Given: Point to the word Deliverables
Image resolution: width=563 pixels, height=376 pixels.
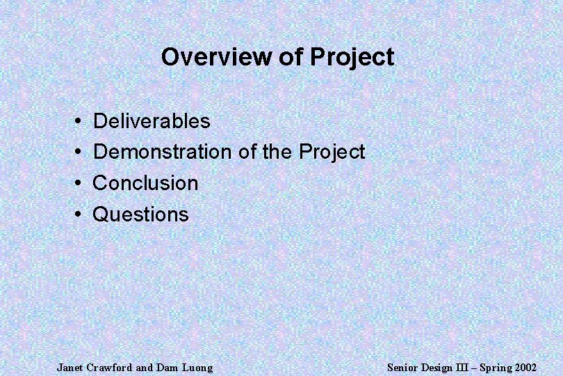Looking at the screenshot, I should pos(151,121).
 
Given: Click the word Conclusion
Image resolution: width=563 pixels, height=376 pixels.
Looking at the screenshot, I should pos(145,183).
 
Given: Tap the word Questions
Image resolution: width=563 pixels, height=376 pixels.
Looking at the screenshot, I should pos(140,214).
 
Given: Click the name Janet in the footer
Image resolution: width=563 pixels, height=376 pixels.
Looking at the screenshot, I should pos(69,367).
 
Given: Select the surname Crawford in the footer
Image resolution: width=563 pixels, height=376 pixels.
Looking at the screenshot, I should pos(111,367).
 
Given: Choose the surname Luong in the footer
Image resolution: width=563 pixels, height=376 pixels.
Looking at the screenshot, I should pos(197,367).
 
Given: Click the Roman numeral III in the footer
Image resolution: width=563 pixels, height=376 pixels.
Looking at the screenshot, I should pos(453,367).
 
